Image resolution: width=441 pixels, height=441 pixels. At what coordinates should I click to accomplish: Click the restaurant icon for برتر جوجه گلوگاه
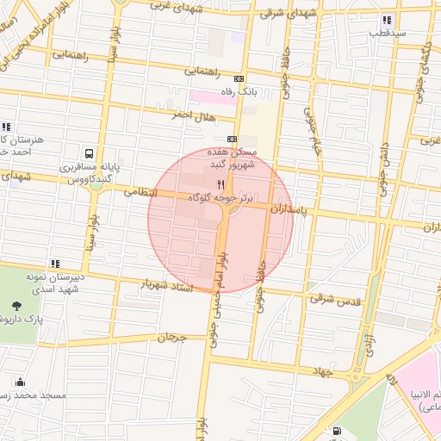tap(221, 184)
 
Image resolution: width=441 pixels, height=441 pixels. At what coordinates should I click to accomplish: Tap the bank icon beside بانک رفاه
tap(239, 78)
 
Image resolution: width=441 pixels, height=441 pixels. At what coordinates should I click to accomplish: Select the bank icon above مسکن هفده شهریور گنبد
tap(232, 139)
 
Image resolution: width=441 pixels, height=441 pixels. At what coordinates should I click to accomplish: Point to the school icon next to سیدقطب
tap(388, 19)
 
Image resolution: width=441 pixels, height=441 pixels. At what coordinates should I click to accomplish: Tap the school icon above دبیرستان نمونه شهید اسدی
tap(56, 263)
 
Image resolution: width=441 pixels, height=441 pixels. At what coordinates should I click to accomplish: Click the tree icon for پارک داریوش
tap(17, 305)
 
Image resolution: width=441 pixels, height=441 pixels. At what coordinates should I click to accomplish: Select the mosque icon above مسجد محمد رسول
tap(20, 382)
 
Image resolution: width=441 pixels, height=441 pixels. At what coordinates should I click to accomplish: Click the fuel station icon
tap(335, 432)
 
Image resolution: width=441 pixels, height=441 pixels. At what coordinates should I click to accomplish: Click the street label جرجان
tap(171, 337)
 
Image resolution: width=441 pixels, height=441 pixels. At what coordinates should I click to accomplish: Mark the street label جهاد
tap(321, 370)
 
